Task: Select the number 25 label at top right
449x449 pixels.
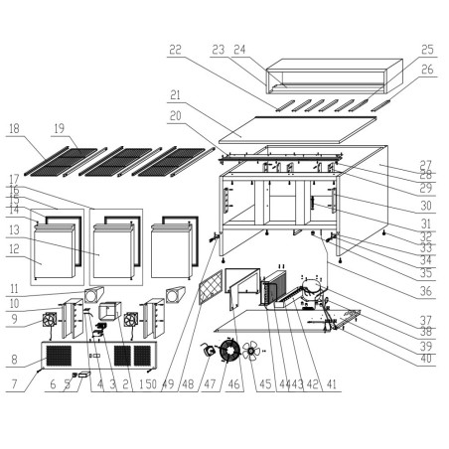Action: [427, 49]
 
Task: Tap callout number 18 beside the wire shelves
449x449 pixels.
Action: [15, 128]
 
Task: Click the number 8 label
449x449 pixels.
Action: [14, 361]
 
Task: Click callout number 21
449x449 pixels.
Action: [175, 95]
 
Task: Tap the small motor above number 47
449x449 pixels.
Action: [210, 351]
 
